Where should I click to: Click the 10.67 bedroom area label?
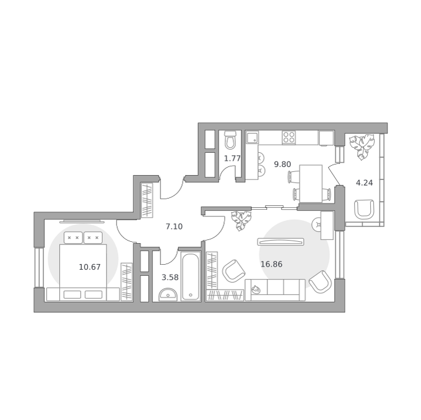[90, 267]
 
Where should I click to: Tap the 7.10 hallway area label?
[174, 226]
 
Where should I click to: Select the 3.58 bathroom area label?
[170, 277]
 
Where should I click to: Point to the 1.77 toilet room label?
[232, 158]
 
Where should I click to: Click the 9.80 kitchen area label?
[282, 164]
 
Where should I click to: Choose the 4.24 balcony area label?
[364, 183]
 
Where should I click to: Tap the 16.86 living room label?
[271, 264]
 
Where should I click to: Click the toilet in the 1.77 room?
[230, 140]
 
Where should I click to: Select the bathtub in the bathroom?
[191, 276]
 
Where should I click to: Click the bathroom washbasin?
[168, 294]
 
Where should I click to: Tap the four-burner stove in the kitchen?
[289, 137]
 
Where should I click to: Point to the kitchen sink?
[253, 137]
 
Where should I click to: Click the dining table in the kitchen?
[311, 184]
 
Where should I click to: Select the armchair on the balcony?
[364, 209]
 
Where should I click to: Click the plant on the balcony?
[362, 147]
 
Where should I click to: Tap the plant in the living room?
[241, 220]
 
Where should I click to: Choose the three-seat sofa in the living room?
[276, 290]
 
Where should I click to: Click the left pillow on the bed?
[73, 238]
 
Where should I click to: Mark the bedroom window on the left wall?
[39, 267]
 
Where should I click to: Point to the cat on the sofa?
[255, 289]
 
